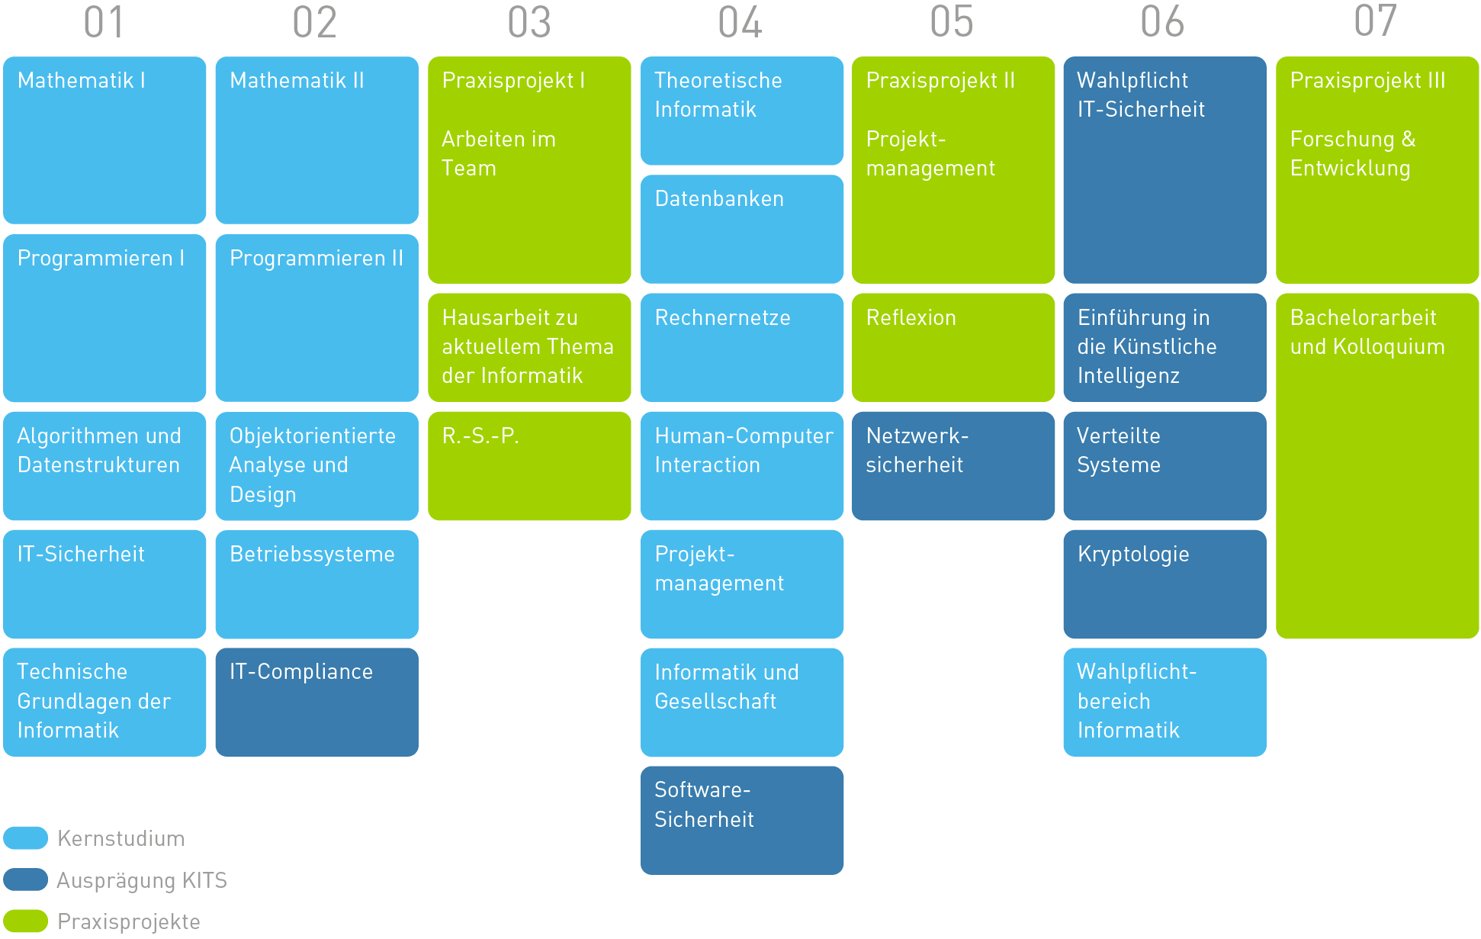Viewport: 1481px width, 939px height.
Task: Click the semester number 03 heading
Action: tap(529, 23)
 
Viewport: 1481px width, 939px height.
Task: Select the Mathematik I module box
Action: tap(104, 140)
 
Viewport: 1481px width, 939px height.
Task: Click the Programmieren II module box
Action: tap(316, 317)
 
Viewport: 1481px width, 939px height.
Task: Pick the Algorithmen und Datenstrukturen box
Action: tap(104, 465)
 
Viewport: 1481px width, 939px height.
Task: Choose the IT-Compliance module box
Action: tap(316, 702)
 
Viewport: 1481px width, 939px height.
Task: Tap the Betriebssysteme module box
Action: tap(316, 584)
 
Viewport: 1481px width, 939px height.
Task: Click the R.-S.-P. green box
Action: tap(529, 465)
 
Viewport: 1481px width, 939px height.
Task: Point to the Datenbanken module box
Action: tap(742, 229)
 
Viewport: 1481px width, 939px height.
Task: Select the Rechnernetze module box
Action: tap(742, 347)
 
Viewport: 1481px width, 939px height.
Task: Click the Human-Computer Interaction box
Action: tap(742, 465)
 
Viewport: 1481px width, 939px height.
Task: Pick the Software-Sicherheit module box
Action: tap(742, 820)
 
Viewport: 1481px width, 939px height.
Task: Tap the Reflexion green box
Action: tap(953, 347)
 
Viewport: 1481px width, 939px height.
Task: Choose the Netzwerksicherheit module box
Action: tap(953, 465)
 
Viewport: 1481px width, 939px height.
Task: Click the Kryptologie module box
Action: tap(1165, 584)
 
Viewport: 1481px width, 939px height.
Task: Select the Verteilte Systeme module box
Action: tap(1165, 465)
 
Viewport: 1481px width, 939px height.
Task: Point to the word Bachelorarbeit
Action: tap(1363, 318)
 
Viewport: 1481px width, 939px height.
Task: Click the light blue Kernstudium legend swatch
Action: tap(25, 838)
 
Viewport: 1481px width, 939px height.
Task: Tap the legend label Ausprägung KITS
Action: tap(142, 880)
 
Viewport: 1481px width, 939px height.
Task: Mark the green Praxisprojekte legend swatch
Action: tap(25, 921)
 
